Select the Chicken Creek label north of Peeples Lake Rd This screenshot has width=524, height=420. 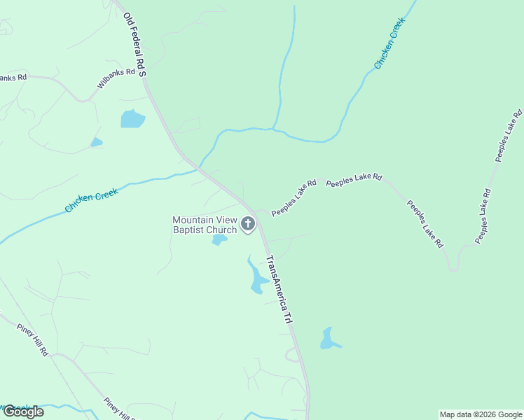click(389, 43)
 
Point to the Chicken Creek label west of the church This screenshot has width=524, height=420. click(91, 199)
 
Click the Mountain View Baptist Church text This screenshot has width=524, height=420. click(205, 225)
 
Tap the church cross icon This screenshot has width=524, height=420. click(247, 224)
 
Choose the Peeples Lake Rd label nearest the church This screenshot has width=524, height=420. click(294, 197)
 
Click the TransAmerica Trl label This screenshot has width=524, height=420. click(279, 288)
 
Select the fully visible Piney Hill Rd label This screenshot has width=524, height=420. click(34, 338)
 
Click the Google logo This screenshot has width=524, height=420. click(23, 412)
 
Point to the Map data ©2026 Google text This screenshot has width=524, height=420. click(481, 414)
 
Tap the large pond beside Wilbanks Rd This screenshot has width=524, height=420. click(132, 119)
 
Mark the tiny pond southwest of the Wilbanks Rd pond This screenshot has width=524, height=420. click(96, 142)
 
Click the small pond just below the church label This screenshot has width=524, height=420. click(219, 240)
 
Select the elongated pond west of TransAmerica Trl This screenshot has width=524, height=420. click(256, 276)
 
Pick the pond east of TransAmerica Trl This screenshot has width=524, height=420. click(328, 339)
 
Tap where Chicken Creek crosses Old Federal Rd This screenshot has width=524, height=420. click(199, 169)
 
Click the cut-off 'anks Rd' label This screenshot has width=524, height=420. click(13, 78)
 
